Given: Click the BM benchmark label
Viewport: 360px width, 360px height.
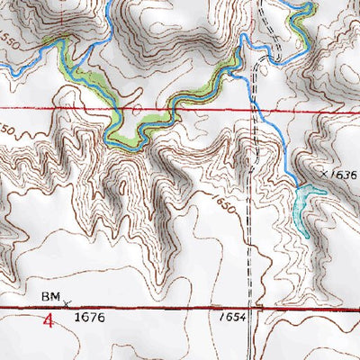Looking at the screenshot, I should point(49,295).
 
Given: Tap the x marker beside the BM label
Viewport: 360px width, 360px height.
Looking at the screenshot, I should point(65,302).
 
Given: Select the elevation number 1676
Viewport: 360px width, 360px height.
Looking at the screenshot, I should point(90,318).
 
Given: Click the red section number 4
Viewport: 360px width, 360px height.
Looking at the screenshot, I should point(49,319).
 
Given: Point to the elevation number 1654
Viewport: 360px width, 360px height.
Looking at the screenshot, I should point(231,318).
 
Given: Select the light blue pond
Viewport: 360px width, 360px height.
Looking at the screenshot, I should point(308,202).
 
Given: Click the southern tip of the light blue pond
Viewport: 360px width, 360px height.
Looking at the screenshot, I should point(307,236).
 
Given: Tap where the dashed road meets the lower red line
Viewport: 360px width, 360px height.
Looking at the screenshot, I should point(256,309).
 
